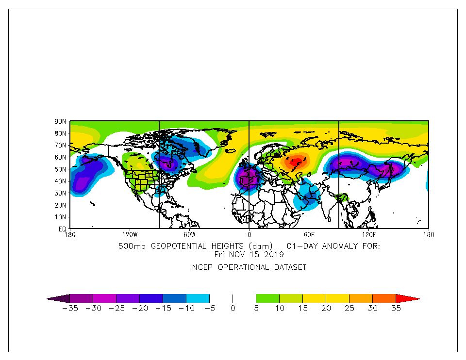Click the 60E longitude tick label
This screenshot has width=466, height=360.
[x=309, y=235]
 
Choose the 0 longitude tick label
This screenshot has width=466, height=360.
[x=249, y=235]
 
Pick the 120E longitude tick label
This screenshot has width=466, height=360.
[x=369, y=235]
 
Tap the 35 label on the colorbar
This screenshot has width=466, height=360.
[x=396, y=309]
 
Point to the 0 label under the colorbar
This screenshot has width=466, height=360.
[x=233, y=309]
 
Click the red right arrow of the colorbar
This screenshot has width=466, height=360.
[x=407, y=298]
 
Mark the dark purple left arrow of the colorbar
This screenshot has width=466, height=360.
[x=59, y=298]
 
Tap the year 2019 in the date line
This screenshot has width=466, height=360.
[x=277, y=254]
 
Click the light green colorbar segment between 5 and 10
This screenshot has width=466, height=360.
[x=267, y=298]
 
